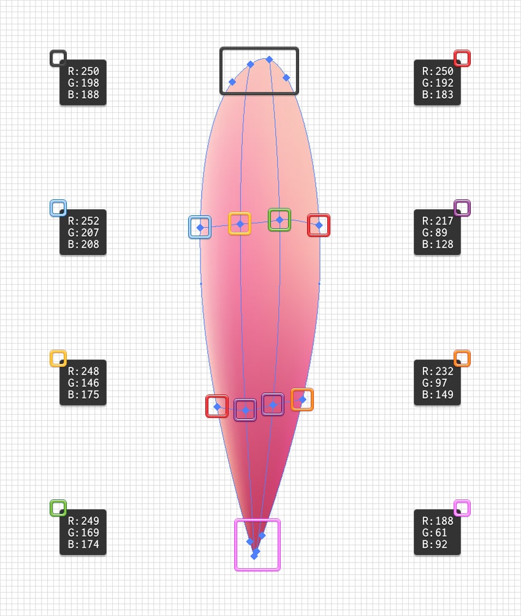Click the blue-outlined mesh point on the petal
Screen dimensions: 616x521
tap(200, 227)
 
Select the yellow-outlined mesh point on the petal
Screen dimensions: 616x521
tap(240, 224)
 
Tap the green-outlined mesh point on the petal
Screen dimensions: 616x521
tap(280, 219)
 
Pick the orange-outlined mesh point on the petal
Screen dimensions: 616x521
tap(302, 399)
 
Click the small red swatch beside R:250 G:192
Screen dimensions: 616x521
tap(462, 58)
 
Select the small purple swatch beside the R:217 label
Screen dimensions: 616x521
tap(462, 208)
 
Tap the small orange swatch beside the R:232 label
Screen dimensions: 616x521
tap(462, 358)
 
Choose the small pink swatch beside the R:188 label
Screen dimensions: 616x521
tap(462, 508)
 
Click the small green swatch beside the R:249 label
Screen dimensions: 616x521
tap(58, 508)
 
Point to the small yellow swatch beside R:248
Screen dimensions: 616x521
tap(58, 358)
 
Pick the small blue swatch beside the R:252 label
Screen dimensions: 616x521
tap(58, 208)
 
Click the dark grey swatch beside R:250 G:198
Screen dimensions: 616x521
tap(58, 58)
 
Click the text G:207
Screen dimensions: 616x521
tap(83, 233)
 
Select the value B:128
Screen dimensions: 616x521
tap(438, 244)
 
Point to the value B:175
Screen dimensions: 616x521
tap(83, 395)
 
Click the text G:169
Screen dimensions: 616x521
tap(83, 533)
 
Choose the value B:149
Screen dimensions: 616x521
tap(438, 395)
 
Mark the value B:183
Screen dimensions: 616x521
tap(438, 94)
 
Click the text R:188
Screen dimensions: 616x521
tap(438, 521)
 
